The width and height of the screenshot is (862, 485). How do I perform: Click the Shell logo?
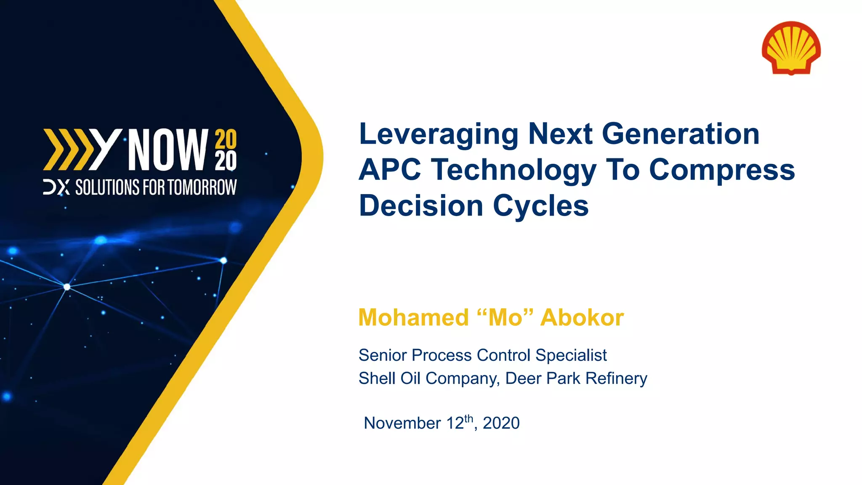[x=791, y=48]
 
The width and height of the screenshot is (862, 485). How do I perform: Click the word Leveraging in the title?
[x=439, y=134]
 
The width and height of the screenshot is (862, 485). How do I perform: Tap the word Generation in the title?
[x=681, y=134]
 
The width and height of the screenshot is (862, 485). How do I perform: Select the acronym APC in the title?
[x=390, y=170]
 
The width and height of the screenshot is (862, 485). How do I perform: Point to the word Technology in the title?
[x=513, y=170]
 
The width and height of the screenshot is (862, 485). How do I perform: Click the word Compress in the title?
[x=722, y=170]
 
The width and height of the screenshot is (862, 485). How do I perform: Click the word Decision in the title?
[x=421, y=206]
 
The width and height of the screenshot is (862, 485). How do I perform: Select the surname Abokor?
[x=582, y=317]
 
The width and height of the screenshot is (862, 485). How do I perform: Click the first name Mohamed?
[x=413, y=317]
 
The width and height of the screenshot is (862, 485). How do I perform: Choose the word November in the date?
[x=402, y=423]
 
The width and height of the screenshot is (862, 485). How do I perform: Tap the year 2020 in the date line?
[x=501, y=423]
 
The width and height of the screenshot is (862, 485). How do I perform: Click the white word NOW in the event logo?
[x=168, y=150]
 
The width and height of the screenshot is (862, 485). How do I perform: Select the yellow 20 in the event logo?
[x=226, y=139]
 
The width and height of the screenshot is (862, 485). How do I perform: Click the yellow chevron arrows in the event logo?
[x=67, y=150]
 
